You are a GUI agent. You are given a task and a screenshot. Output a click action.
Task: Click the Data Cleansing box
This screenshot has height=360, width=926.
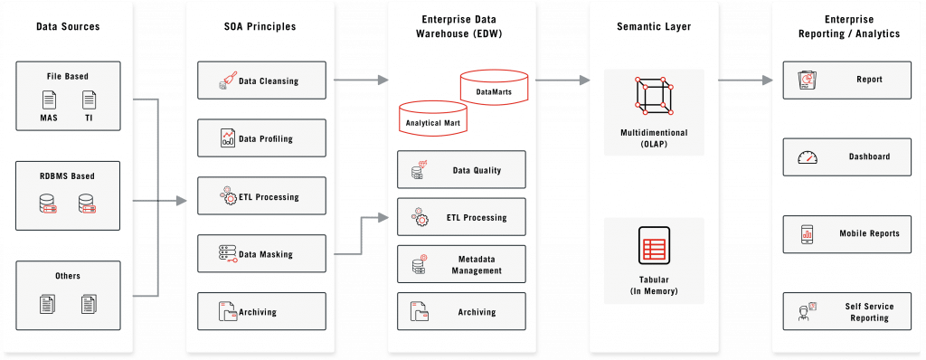260,81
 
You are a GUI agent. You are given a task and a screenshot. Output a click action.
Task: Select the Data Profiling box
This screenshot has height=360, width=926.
260,138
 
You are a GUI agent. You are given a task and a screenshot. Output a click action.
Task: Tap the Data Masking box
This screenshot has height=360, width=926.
260,254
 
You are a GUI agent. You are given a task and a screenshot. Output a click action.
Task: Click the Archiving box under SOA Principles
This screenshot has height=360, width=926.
260,312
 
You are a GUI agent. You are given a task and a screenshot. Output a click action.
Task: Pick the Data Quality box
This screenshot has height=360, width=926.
460,170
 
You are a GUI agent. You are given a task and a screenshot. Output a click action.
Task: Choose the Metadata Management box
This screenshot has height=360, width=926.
460,264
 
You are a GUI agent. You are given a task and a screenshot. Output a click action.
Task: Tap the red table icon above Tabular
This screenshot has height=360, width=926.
653,247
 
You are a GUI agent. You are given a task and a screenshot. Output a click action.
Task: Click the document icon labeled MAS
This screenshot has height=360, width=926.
49,99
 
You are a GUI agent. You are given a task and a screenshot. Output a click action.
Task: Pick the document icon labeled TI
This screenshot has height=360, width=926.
89,99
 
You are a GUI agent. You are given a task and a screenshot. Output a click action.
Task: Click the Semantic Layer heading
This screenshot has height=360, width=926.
653,27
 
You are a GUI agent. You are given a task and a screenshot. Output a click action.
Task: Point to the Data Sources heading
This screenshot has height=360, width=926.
68,27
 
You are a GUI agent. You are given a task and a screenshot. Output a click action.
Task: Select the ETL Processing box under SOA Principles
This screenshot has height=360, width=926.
260,196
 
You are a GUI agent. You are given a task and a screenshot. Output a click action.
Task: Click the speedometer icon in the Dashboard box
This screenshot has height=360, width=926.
807,157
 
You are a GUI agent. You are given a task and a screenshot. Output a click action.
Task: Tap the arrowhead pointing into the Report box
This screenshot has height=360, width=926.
779,80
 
